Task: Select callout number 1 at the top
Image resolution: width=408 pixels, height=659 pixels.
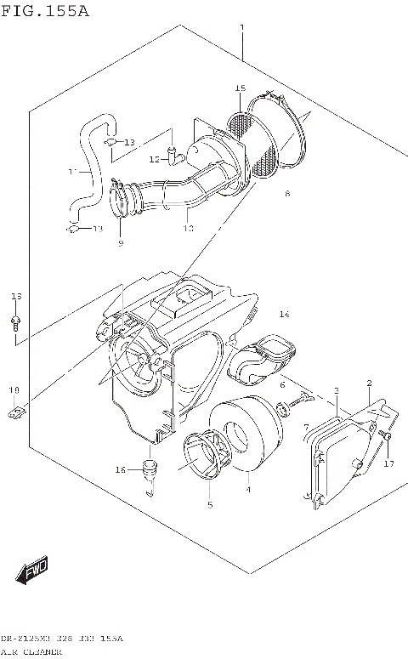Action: coord(242,28)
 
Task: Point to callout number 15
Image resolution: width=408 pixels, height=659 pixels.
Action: coord(240,88)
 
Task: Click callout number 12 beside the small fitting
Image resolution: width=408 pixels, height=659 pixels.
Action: coord(154,159)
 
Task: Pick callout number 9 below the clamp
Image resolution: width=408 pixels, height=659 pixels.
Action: coord(120,243)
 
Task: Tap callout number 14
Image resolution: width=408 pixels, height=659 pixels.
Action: coord(284,315)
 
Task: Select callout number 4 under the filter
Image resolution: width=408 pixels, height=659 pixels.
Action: coord(247,489)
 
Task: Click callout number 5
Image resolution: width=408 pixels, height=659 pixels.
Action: coord(209,504)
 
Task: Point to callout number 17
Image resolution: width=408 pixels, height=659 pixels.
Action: coord(388,463)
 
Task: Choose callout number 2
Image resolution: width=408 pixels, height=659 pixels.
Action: coord(369,383)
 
